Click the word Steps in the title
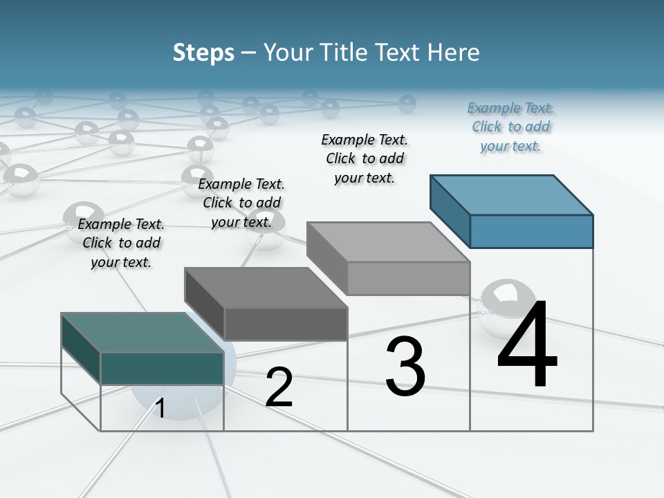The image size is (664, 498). pyautogui.click(x=203, y=53)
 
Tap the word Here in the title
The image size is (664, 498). pyautogui.click(x=454, y=53)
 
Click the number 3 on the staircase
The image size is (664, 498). pyautogui.click(x=405, y=367)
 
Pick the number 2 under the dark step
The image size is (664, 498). pyautogui.click(x=279, y=387)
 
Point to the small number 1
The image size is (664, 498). pyautogui.click(x=160, y=409)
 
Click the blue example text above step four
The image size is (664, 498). pyautogui.click(x=510, y=127)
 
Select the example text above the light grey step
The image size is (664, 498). pyautogui.click(x=365, y=158)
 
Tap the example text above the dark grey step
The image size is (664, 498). pyautogui.click(x=241, y=203)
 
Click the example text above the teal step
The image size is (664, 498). pyautogui.click(x=121, y=243)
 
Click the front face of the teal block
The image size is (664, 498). pyautogui.click(x=162, y=368)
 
